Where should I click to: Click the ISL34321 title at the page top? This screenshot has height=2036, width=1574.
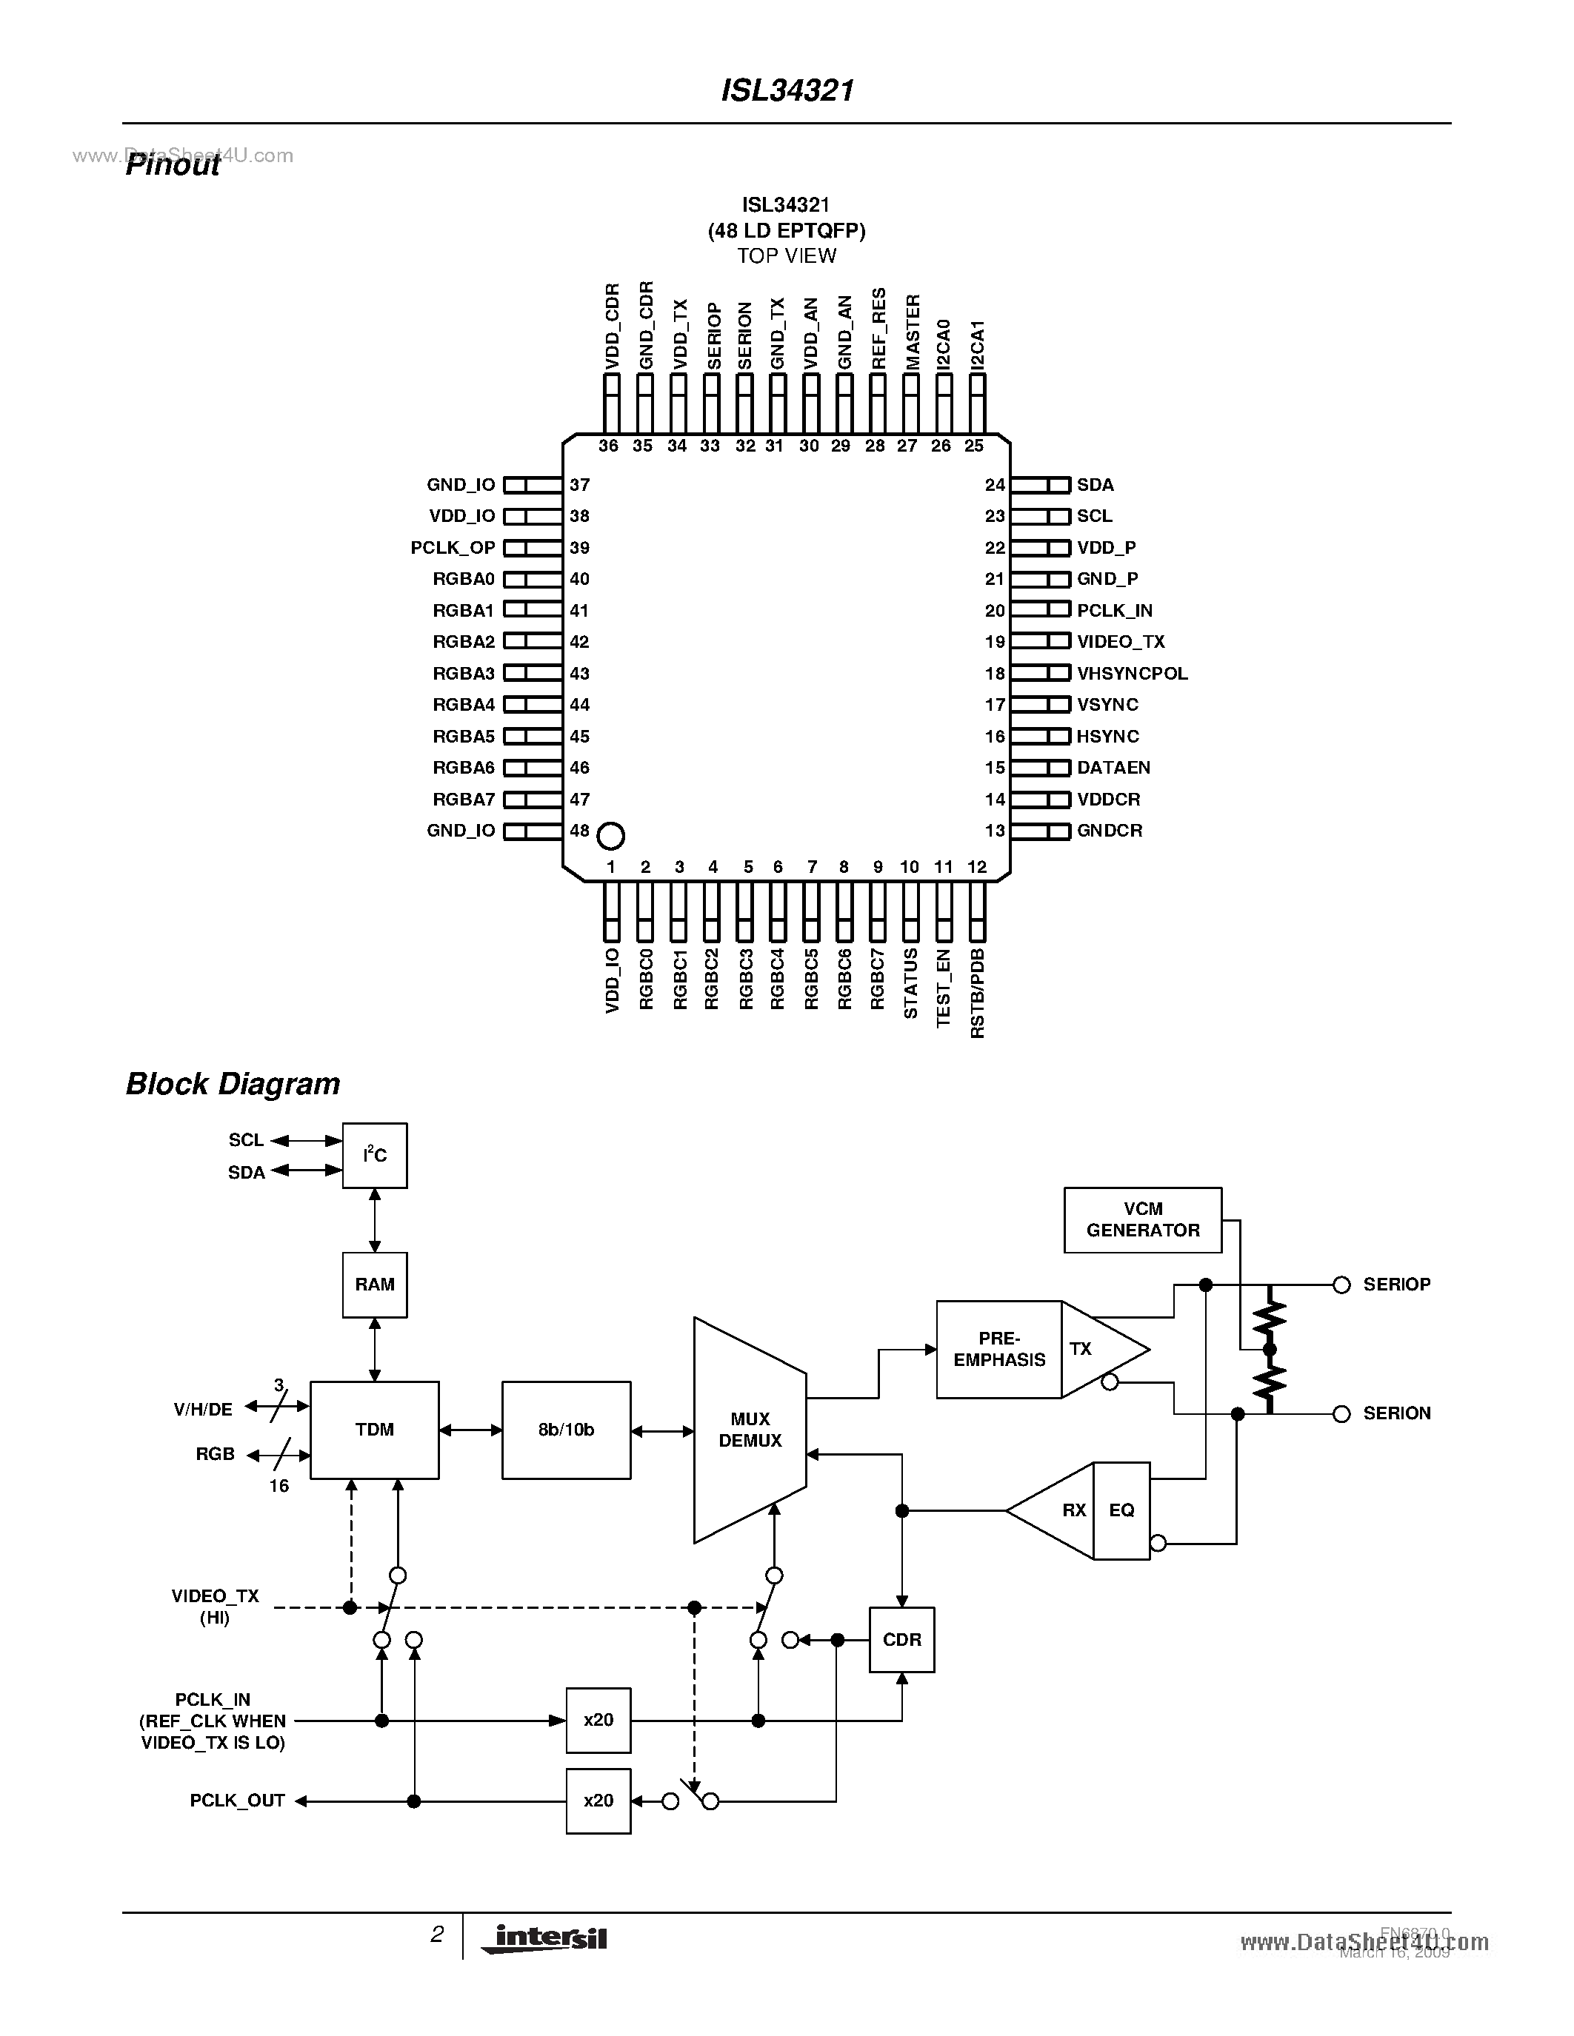[788, 90]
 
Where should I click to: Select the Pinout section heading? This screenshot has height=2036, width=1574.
[173, 165]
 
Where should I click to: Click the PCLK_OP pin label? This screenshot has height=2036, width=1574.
[453, 548]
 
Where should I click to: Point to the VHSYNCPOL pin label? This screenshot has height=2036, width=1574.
[1132, 673]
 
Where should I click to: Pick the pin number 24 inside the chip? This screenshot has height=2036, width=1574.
[995, 485]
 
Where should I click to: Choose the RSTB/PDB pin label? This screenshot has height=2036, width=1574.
[977, 993]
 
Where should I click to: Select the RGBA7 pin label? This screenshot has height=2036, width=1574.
[464, 799]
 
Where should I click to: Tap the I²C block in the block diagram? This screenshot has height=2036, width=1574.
[375, 1156]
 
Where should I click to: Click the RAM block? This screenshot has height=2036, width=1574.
[375, 1285]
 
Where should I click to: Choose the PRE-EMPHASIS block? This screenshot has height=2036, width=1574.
[998, 1349]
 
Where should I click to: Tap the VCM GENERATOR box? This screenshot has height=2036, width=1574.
[1142, 1219]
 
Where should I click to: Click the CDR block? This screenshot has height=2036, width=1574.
[901, 1640]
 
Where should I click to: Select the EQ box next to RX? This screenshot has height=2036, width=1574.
[1121, 1510]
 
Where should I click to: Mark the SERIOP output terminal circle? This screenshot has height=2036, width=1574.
[1342, 1285]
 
